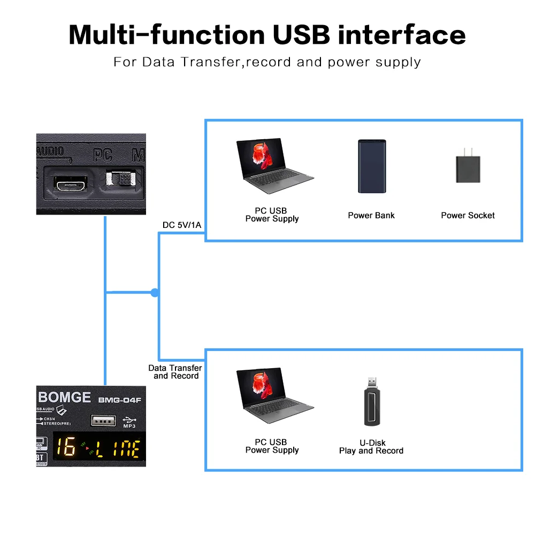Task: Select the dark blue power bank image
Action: [x=371, y=166]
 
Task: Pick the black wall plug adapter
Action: [x=468, y=166]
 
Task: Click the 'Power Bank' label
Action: [x=371, y=216]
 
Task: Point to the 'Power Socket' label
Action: [x=468, y=216]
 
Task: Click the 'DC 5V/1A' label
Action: [x=182, y=225]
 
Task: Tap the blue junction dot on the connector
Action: [x=155, y=293]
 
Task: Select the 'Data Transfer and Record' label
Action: [x=175, y=372]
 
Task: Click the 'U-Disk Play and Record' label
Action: [x=371, y=447]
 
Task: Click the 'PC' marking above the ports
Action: [x=103, y=156]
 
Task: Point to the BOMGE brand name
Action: [x=64, y=398]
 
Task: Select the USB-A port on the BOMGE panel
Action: [x=104, y=421]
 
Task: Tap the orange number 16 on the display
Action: [x=66, y=447]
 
